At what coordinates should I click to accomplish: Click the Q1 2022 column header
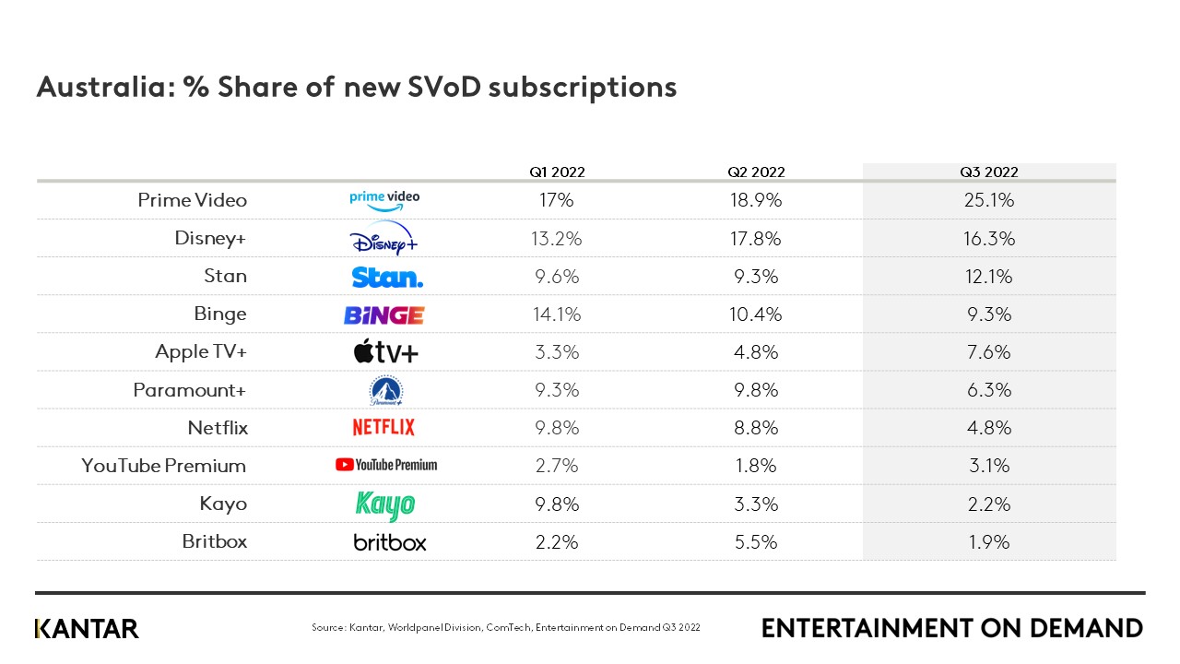pos(557,172)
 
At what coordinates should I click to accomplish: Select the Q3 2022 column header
pos(988,172)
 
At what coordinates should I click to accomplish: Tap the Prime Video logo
pos(384,199)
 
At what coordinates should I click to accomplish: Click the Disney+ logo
pos(384,239)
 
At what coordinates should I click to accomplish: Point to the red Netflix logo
pos(383,428)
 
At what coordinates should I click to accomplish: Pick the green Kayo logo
pos(385,504)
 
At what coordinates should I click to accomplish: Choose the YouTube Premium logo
pos(386,466)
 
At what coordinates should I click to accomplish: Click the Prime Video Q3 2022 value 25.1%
pos(988,200)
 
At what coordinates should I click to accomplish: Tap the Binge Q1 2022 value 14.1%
pos(557,314)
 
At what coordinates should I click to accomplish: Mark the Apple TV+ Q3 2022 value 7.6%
pos(988,352)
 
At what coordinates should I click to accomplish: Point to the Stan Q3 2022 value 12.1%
pos(988,277)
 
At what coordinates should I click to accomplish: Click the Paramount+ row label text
pos(190,390)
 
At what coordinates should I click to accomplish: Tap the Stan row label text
pos(226,277)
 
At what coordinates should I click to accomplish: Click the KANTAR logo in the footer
pos(87,629)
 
